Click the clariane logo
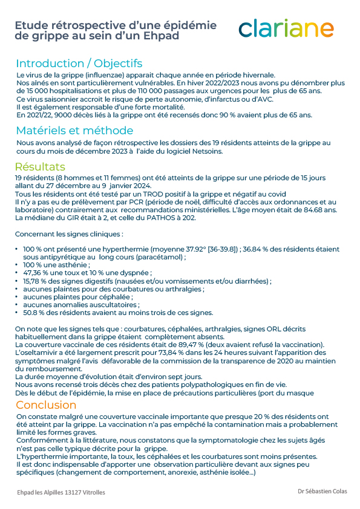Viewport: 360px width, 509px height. pyautogui.click(x=286, y=28)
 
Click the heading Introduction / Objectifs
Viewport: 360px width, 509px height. pyautogui.click(x=79, y=63)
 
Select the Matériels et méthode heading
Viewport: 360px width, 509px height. pyautogui.click(x=74, y=130)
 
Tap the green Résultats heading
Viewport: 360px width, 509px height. pyautogui.click(x=41, y=167)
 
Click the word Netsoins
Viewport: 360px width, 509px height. pyautogui.click(x=208, y=151)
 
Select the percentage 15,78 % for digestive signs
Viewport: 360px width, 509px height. pyautogui.click(x=35, y=280)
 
